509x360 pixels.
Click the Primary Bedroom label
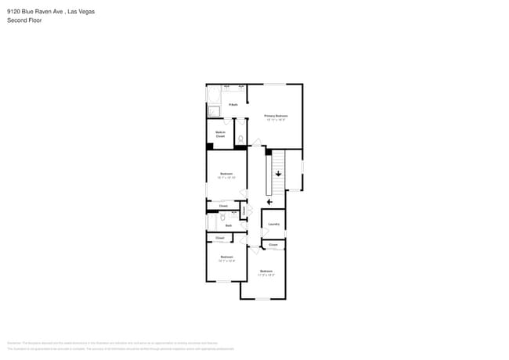(x=276, y=115)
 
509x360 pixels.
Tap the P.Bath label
(x=233, y=105)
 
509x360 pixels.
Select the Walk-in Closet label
(x=220, y=135)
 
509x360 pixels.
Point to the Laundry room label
(x=273, y=225)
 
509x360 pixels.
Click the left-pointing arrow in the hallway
(x=270, y=201)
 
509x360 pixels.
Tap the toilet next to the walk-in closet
(x=240, y=139)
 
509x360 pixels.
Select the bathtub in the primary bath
(x=214, y=95)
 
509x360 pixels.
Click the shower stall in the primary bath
(x=215, y=112)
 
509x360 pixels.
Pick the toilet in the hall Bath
(x=223, y=217)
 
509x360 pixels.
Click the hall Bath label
(x=229, y=225)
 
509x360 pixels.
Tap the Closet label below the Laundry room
(x=273, y=245)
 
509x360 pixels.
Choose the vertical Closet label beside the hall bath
(x=244, y=211)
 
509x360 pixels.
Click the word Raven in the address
(x=46, y=12)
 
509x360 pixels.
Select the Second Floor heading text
(x=24, y=20)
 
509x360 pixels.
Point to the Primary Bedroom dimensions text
(x=276, y=120)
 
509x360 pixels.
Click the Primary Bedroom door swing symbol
(x=256, y=142)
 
